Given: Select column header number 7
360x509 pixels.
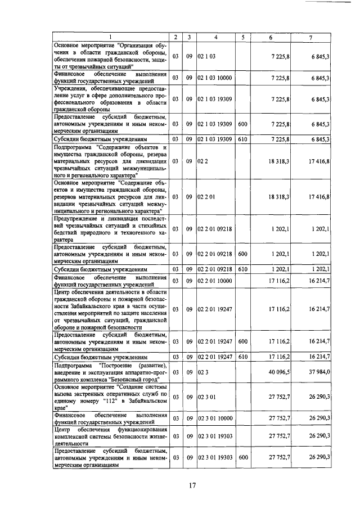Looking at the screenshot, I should (311, 37).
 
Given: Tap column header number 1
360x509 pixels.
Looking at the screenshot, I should (110, 37).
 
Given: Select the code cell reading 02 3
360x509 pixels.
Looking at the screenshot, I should (203, 372).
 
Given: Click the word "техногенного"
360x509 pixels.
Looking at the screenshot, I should (138, 232).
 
